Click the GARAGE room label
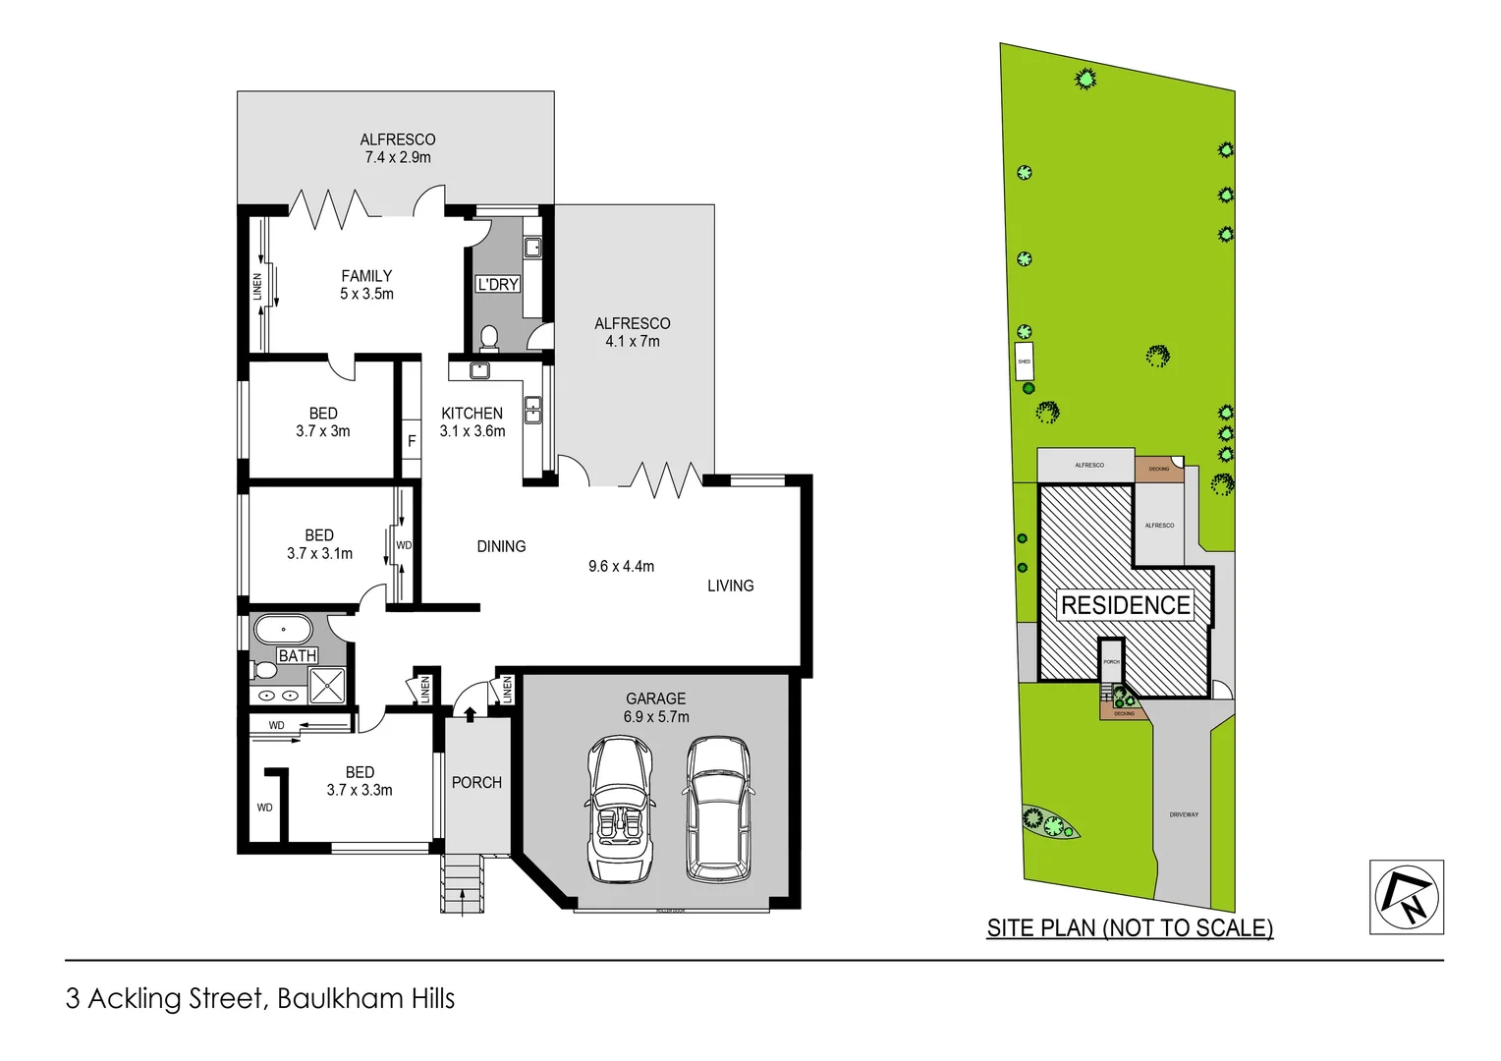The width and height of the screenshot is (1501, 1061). tap(655, 698)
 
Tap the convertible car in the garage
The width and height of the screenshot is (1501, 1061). tap(620, 809)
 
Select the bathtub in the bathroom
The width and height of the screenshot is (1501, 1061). tap(283, 629)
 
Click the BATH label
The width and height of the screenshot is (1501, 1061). tap(297, 655)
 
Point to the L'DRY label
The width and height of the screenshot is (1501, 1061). tap(497, 284)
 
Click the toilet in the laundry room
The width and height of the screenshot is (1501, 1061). tap(489, 338)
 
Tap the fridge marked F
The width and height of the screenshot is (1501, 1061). tap(412, 441)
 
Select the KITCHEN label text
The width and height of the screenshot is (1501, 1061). tap(472, 414)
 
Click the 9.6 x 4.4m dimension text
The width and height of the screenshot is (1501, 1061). tap(621, 566)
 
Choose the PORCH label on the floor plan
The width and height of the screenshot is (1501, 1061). tap(476, 782)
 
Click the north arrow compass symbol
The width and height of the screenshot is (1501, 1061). tap(1406, 897)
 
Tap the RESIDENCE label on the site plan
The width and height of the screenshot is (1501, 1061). tap(1125, 605)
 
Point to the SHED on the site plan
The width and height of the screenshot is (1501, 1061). tap(1024, 362)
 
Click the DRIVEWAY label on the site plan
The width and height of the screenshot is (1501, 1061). tap(1184, 814)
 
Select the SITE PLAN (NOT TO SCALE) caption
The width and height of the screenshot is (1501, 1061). tap(1130, 927)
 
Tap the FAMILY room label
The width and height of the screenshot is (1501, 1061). tap(366, 276)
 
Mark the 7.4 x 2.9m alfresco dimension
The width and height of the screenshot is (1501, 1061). tap(397, 157)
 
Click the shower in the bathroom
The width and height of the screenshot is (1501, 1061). tap(327, 685)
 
